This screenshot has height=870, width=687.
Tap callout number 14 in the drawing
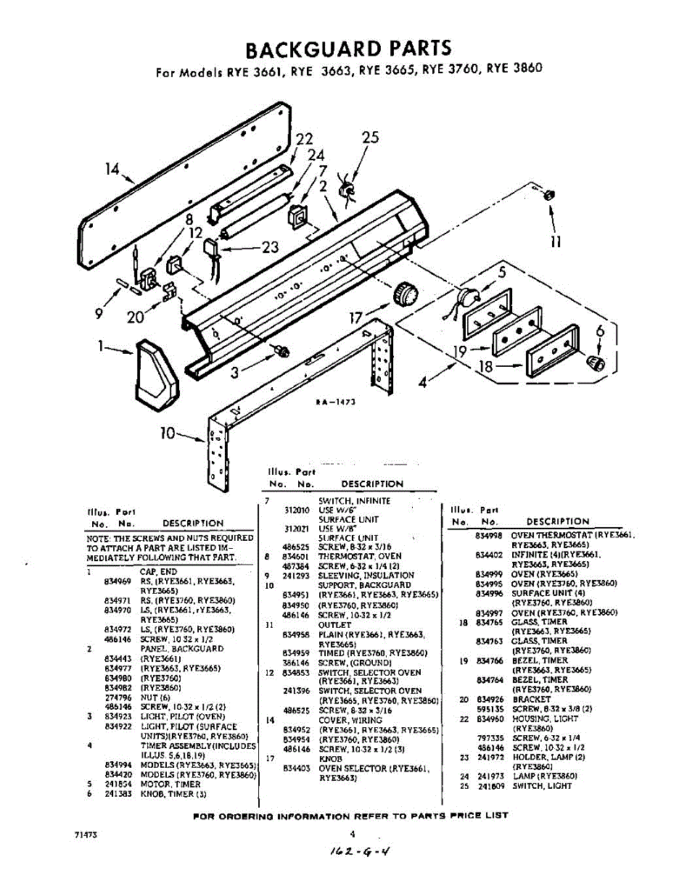[112, 170]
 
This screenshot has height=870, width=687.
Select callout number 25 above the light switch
[370, 138]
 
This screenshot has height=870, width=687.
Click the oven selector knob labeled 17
[406, 295]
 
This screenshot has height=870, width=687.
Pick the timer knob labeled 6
[595, 362]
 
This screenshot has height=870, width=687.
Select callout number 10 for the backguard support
[168, 434]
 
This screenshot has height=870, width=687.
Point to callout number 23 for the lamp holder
[270, 247]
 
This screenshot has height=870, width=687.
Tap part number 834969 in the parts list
[117, 581]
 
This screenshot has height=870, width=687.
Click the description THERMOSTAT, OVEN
[359, 556]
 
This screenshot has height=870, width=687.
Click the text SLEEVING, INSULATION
[366, 576]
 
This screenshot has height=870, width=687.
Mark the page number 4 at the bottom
[352, 834]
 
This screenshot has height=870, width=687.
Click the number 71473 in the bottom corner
[86, 834]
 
